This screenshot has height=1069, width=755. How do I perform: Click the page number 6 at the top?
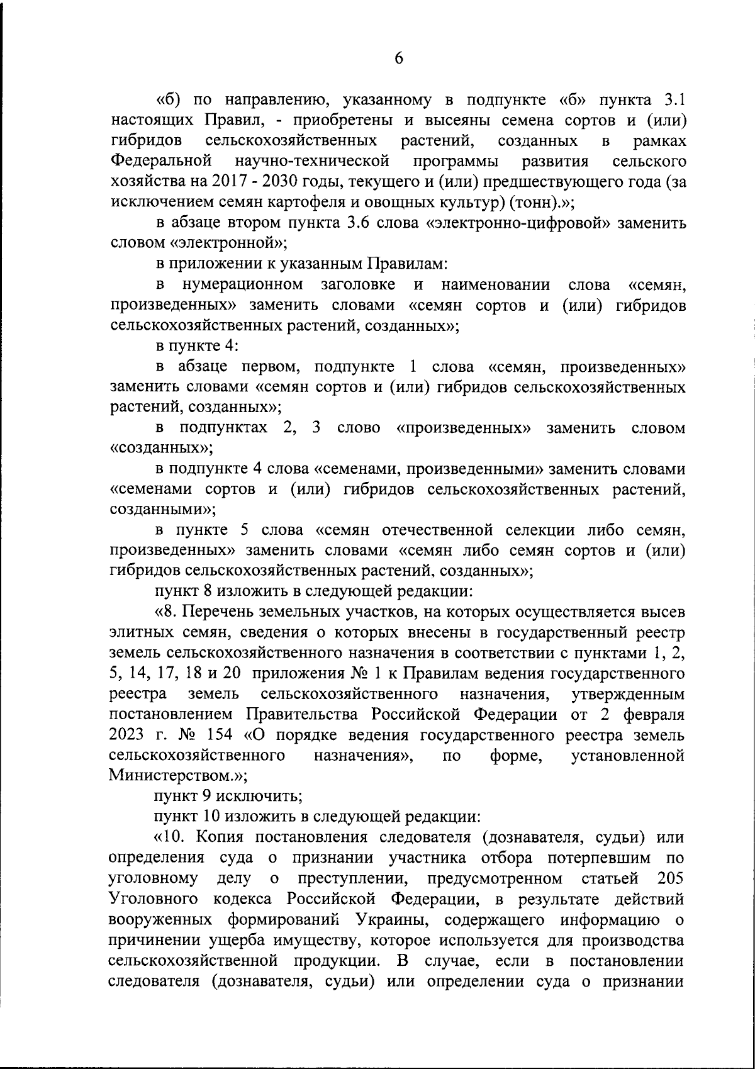click(399, 58)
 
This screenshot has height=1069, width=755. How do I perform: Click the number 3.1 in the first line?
click(672, 100)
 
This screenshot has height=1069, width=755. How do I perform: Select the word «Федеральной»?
click(160, 161)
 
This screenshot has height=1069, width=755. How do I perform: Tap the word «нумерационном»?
click(242, 284)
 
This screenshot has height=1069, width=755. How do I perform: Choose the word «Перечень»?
click(233, 612)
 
